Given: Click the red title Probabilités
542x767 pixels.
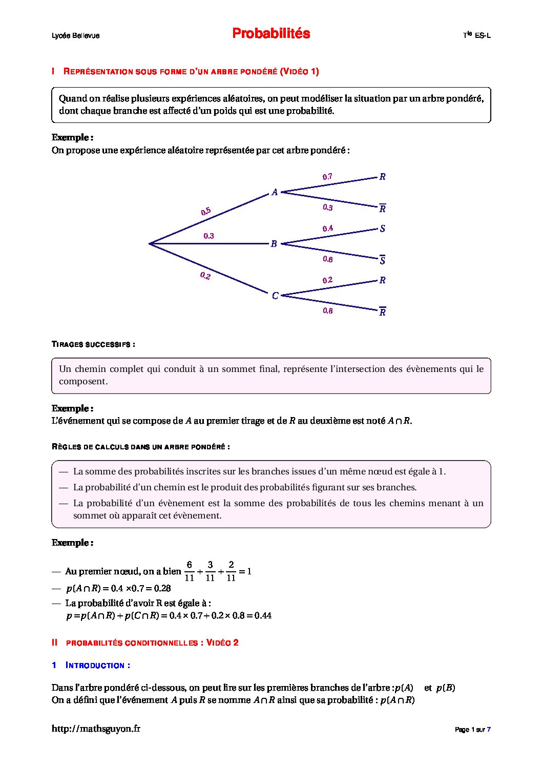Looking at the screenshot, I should tap(271, 33).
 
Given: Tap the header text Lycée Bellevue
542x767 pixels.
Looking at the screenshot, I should tap(75, 35).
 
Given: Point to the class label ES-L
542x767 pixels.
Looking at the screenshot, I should tap(482, 35).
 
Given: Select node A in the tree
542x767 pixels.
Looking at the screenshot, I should tap(275, 192).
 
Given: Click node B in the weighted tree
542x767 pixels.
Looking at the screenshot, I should tap(274, 244).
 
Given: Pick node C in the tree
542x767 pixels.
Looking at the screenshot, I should tap(275, 296).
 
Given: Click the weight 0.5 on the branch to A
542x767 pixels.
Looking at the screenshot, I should tap(206, 211).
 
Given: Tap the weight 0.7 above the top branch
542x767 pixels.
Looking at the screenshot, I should tap(327, 177).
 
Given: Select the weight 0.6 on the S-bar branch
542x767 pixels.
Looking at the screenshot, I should tap(328, 259).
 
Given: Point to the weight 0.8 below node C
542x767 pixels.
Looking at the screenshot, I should tap(328, 311).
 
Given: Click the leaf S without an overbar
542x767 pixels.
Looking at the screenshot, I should tap(382, 229).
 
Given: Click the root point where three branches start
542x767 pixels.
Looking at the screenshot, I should tap(149, 244).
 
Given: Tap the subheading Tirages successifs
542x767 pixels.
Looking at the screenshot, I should tap(93, 344).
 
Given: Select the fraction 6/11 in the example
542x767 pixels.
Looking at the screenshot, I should tap(189, 571).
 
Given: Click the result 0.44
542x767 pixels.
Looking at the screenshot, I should tap(263, 615).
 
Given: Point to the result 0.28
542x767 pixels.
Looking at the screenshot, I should tap(162, 588).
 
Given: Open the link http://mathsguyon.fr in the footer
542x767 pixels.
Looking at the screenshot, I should tap(96, 729).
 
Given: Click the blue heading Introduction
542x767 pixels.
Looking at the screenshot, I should tap(97, 666).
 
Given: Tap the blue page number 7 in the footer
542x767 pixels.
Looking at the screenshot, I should tap(489, 730).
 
